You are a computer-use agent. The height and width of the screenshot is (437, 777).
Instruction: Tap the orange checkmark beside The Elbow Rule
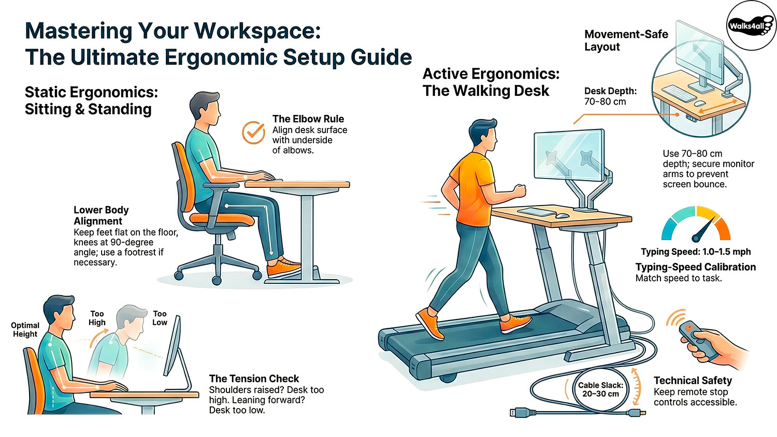coord(253,133)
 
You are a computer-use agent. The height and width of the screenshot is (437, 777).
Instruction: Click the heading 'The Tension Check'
coord(254,379)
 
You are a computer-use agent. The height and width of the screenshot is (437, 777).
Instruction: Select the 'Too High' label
coord(97,318)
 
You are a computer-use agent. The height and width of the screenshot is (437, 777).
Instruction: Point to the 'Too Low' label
coord(160,318)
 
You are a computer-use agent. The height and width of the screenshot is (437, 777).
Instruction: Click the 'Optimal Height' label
coord(25,329)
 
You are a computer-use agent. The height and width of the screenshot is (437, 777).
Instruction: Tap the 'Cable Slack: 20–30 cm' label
coord(600,389)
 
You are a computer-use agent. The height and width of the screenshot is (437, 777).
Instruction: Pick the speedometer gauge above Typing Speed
coord(696,225)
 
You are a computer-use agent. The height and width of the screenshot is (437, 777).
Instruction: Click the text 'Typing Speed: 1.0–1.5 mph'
coord(696,252)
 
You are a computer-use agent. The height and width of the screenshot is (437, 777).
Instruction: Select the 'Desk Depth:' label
coord(610,91)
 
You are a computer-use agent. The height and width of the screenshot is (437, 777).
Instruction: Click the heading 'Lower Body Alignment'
coord(101,215)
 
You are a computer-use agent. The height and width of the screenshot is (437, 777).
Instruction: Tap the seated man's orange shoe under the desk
coord(283,268)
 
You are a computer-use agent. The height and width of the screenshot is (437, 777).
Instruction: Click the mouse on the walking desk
coord(563,215)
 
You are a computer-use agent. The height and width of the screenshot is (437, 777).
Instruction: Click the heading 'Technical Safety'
coord(693,381)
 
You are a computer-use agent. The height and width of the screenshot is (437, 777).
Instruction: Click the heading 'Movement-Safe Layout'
coord(626,40)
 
